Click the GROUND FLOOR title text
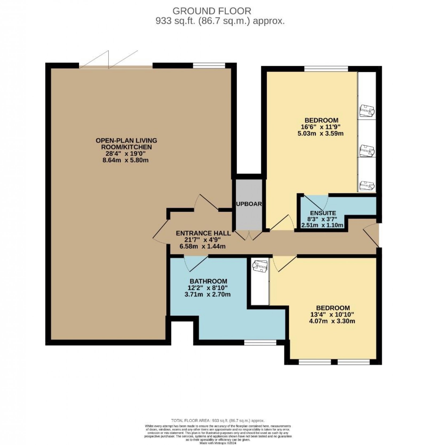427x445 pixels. [x=212, y=11]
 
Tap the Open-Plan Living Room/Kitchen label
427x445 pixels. [x=126, y=143]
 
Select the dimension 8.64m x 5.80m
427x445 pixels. [x=125, y=160]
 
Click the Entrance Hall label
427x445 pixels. [x=203, y=233]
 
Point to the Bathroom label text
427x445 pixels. [x=208, y=281]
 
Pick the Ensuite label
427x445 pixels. [x=323, y=213]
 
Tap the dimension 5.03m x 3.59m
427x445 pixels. [x=320, y=133]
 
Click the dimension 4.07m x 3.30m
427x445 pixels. [x=332, y=321]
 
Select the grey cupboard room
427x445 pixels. [x=249, y=204]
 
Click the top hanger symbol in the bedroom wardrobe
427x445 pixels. [x=367, y=111]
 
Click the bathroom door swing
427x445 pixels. [x=196, y=262]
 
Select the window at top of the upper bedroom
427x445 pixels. [x=326, y=69]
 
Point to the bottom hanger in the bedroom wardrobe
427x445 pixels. [x=367, y=185]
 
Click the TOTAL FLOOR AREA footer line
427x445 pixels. [x=218, y=420]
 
